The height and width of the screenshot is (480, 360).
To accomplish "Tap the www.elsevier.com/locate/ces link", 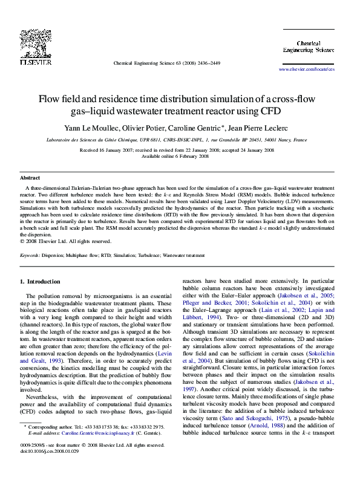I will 306,70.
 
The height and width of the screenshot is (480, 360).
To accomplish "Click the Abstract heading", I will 30,178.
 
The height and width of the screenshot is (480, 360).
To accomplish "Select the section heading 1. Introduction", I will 40,282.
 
